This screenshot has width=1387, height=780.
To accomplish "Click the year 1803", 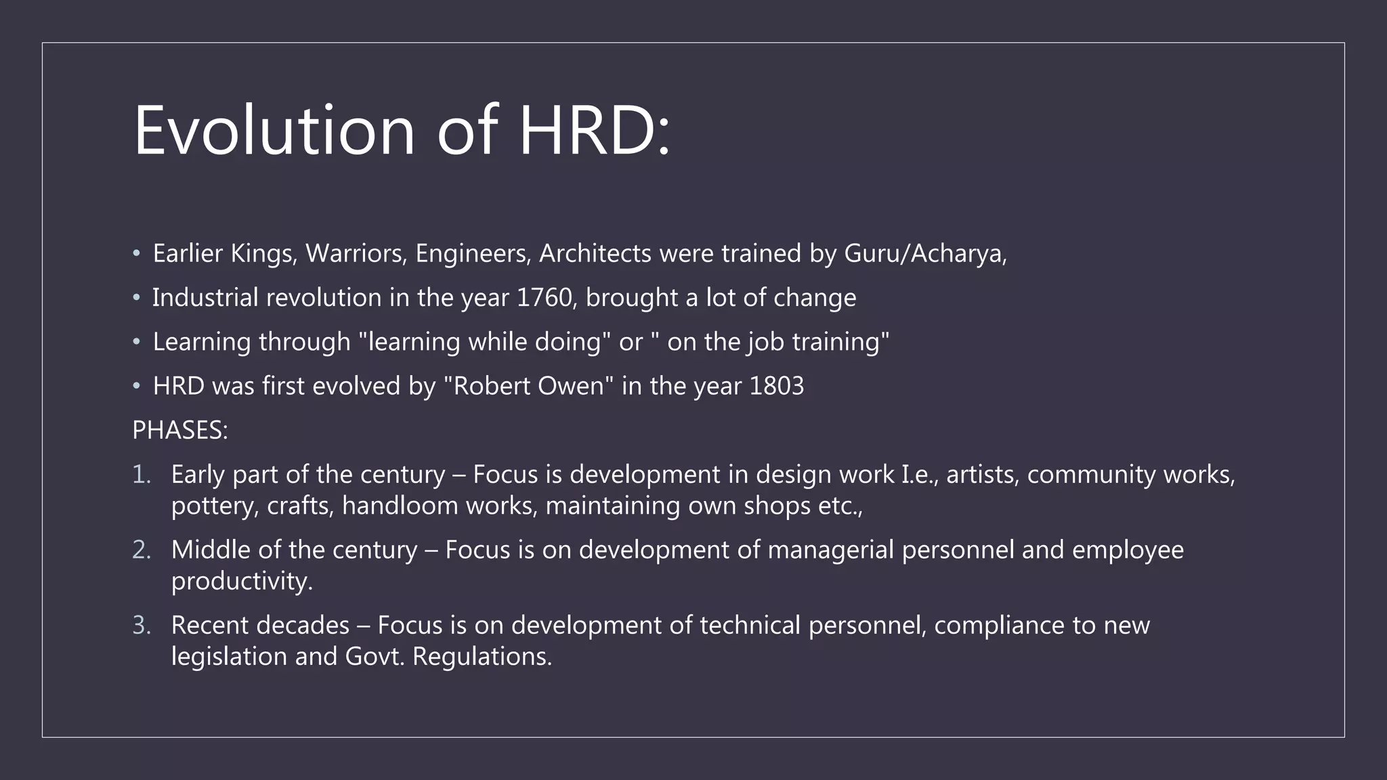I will coord(777,386).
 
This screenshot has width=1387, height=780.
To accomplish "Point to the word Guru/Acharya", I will coord(925,253).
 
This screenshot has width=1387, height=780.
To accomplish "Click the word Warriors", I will coord(356,253).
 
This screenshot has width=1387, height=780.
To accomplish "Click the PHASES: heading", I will coord(180,431).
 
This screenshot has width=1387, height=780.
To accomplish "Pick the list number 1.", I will coord(141,475).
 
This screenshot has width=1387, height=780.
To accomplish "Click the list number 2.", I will coord(141,550).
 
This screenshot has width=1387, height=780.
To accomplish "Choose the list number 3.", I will coord(141,625).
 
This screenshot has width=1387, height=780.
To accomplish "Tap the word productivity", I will coord(242,582).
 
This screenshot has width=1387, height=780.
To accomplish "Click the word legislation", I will coord(229,657).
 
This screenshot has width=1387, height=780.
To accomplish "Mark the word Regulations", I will coord(482,657).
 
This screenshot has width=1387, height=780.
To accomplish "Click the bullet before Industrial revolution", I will coord(136,298).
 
